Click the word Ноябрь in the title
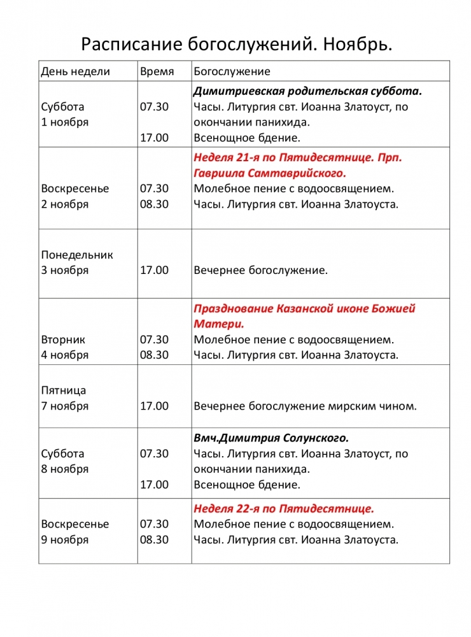(x=357, y=44)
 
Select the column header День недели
(x=76, y=71)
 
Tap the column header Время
(x=157, y=71)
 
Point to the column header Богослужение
(x=232, y=71)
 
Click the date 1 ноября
(x=65, y=122)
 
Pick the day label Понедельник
(x=77, y=255)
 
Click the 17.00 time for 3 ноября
(x=154, y=270)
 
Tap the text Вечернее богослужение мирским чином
(x=305, y=406)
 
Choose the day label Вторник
(x=63, y=340)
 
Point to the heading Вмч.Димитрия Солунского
(x=271, y=438)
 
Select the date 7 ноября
(x=65, y=406)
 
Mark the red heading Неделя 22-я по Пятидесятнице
(x=284, y=508)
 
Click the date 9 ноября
(x=65, y=540)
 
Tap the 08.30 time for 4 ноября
(x=154, y=355)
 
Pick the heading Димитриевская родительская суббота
(x=308, y=91)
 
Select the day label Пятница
(x=64, y=390)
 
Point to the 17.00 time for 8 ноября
(x=154, y=485)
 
